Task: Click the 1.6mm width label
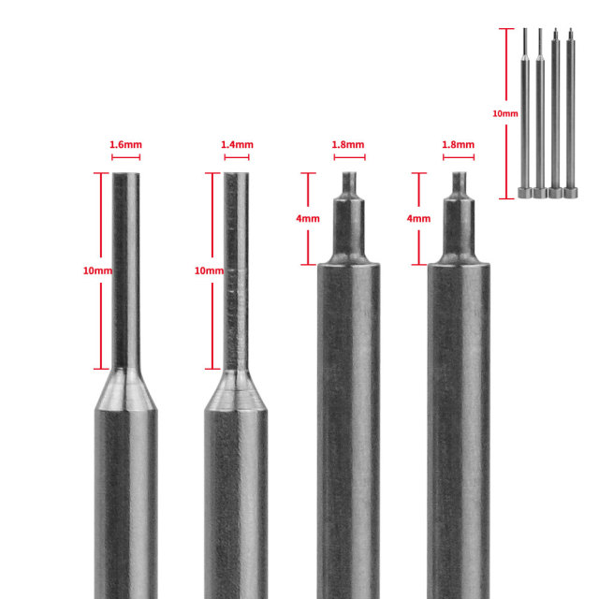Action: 125,145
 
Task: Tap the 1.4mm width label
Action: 237,145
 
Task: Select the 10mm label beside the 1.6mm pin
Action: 97,270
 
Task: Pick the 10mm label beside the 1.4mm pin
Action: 209,270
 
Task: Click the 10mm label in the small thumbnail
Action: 504,112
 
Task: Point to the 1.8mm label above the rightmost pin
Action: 459,145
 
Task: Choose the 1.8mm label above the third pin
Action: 348,145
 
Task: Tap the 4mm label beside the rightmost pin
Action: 418,218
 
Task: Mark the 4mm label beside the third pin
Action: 308,218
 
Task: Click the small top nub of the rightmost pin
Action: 459,182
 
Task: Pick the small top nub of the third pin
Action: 348,182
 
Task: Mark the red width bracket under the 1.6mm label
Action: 125,157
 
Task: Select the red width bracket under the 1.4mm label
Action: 237,157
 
